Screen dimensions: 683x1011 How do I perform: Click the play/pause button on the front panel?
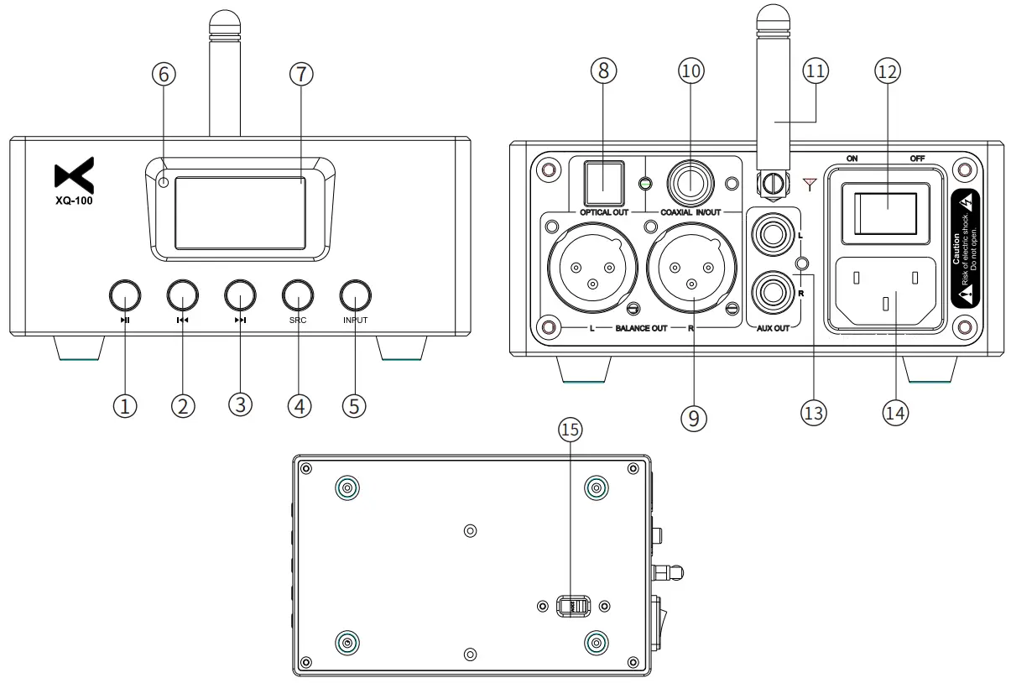124,296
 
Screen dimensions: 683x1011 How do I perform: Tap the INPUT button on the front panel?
356,296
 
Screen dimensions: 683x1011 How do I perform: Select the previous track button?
182,296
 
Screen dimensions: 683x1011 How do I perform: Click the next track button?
240,296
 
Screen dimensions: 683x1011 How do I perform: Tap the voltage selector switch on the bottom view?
574,605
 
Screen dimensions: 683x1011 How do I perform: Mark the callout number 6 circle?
164,74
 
